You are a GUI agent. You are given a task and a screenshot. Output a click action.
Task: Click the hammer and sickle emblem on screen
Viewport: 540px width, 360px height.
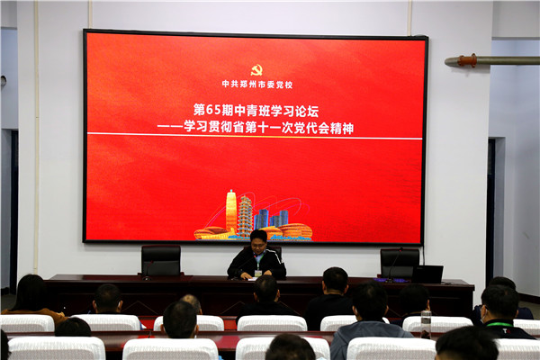256,69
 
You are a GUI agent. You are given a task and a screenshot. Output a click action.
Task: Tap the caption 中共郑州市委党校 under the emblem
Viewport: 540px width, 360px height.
256,84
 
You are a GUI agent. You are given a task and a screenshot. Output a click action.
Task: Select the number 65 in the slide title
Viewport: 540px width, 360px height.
213,109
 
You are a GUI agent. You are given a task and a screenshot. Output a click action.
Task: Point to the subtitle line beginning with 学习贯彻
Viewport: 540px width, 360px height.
268,128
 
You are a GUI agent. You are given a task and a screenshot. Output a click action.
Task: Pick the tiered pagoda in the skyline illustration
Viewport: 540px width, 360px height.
245,215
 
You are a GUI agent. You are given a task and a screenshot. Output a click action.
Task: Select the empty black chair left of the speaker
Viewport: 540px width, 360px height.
161,260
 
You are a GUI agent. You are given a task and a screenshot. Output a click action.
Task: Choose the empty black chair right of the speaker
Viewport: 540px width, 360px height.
399,261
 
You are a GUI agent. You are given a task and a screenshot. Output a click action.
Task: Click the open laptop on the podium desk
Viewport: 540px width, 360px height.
427,274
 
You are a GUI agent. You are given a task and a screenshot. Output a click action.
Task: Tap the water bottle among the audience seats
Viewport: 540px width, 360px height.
426,322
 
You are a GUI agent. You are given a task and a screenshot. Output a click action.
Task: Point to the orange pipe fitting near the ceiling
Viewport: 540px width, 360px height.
466,60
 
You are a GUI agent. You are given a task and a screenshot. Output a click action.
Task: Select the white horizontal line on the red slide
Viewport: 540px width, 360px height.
254,137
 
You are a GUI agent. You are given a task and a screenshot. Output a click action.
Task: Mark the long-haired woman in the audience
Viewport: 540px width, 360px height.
31,297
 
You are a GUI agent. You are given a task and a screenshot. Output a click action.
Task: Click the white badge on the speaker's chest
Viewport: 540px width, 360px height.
258,272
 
